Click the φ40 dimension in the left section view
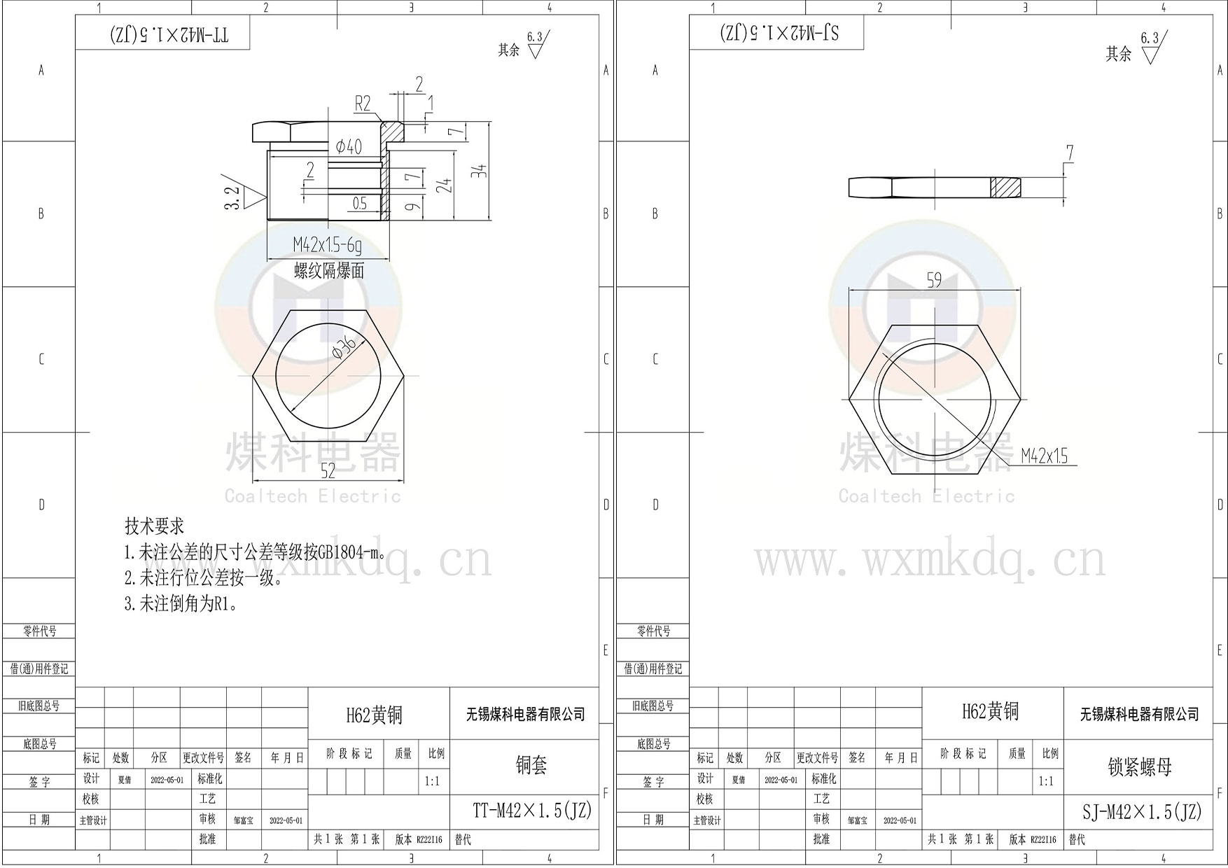[x=349, y=146]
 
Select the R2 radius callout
[x=363, y=104]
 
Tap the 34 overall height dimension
[x=479, y=170]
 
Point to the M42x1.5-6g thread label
[x=328, y=245]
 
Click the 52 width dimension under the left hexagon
[x=328, y=471]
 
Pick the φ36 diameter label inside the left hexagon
[x=344, y=348]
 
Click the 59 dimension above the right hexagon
[x=934, y=280]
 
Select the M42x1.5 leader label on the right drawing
[x=1044, y=456]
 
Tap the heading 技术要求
[x=154, y=526]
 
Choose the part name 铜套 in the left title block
[x=531, y=765]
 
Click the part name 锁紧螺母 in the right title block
[x=1139, y=766]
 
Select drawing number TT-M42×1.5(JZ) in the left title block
[x=532, y=811]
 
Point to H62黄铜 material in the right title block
[x=990, y=712]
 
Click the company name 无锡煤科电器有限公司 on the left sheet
[x=525, y=715]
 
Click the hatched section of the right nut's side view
[x=1005, y=188]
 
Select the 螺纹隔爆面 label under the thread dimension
[x=329, y=271]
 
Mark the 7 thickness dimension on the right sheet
[x=1069, y=153]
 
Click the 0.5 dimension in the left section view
[x=359, y=204]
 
